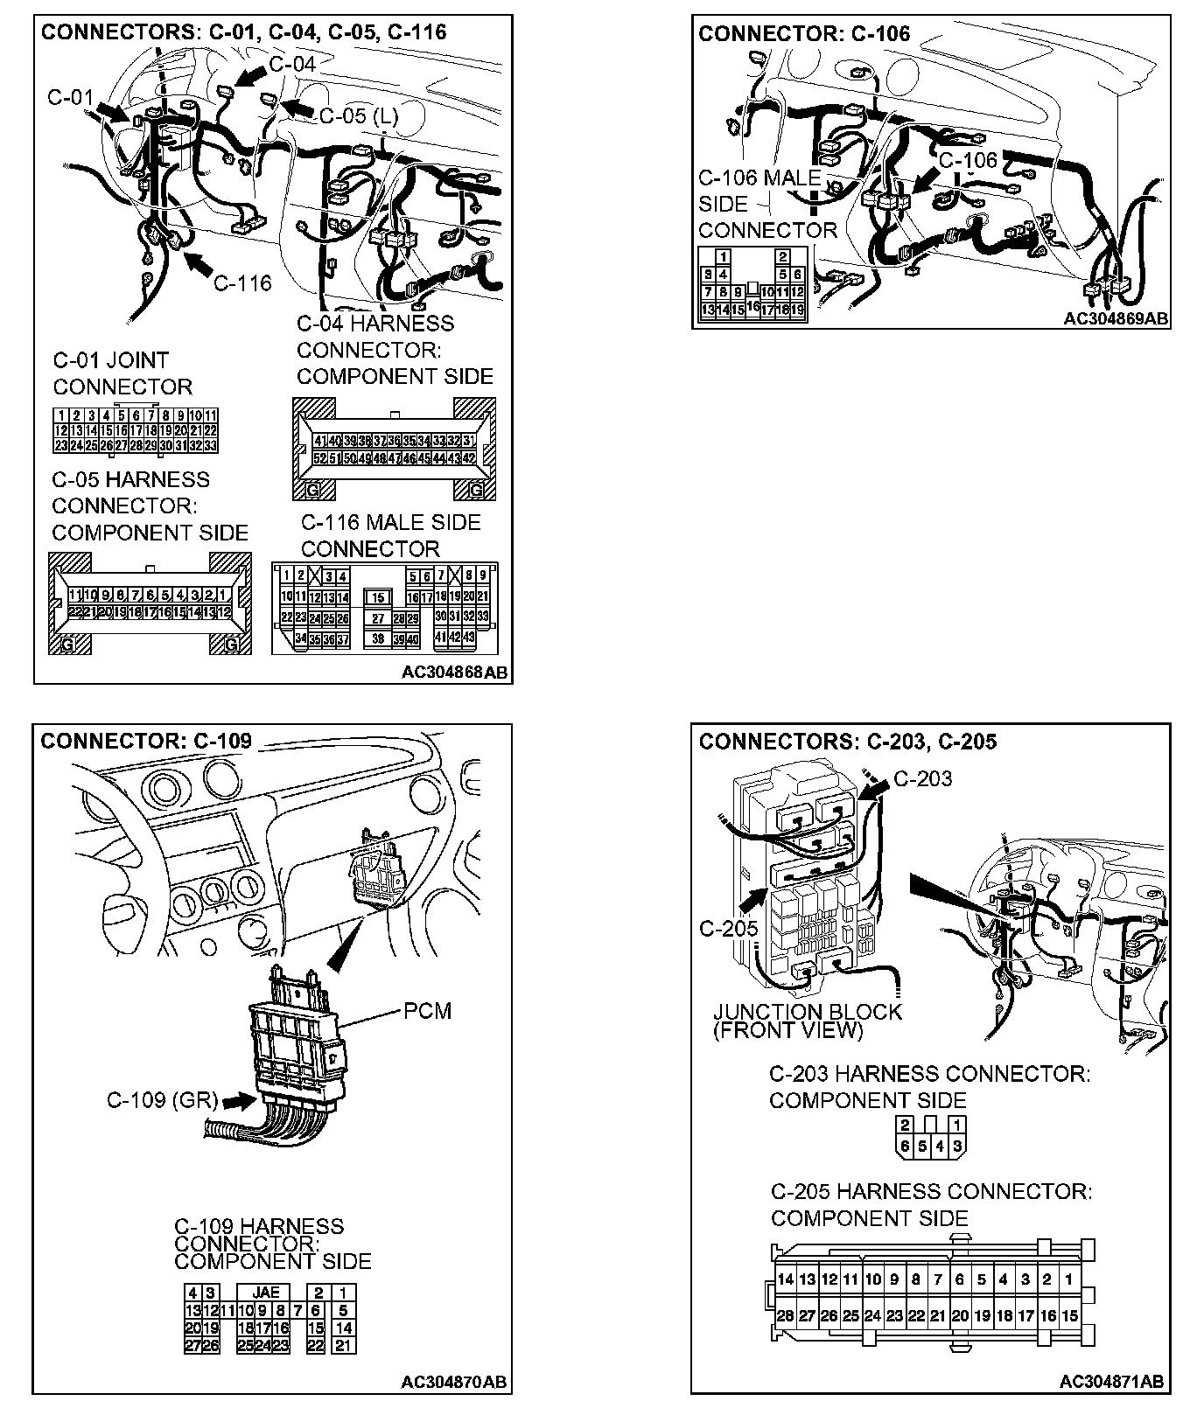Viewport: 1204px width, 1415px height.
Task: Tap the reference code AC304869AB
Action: (x=1116, y=318)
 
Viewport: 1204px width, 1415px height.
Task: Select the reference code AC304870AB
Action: (x=453, y=1383)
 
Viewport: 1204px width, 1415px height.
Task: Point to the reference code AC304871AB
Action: (x=1111, y=1382)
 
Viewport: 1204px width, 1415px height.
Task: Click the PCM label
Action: (x=427, y=1011)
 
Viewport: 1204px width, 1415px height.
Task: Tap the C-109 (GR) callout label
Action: (x=162, y=1099)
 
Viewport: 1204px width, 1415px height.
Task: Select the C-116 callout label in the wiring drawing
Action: (x=242, y=282)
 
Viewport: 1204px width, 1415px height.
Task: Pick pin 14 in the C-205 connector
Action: (x=785, y=1279)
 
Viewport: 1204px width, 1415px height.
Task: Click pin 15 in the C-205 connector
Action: (x=1068, y=1315)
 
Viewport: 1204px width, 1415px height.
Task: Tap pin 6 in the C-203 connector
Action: (x=905, y=1147)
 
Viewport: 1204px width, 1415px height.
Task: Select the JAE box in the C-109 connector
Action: (x=265, y=1292)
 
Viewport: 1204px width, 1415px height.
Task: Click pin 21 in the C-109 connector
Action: (x=344, y=1346)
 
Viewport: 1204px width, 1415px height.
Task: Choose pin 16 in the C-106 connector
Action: (x=753, y=306)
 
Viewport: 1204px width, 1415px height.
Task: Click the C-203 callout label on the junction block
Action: (x=922, y=778)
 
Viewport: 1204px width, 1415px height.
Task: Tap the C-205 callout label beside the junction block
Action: (x=728, y=928)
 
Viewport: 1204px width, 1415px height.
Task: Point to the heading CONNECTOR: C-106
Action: (x=804, y=34)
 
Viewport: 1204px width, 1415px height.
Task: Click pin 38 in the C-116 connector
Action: (x=378, y=638)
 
